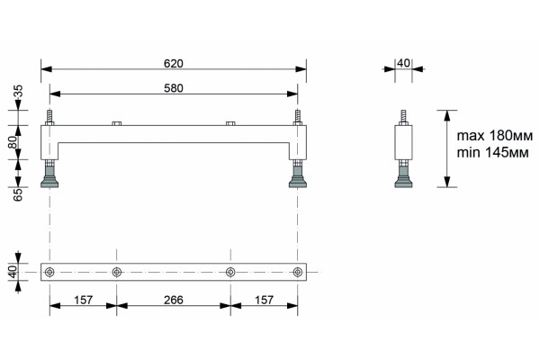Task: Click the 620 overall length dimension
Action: click(x=173, y=64)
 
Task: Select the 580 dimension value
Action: click(x=173, y=88)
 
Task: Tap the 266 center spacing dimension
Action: click(x=173, y=300)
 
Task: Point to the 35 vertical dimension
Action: click(x=18, y=91)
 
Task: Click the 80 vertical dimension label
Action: click(x=13, y=142)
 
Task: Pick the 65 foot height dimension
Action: click(x=18, y=194)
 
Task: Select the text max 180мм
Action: click(x=494, y=136)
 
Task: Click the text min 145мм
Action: click(x=492, y=152)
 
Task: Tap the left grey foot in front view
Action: click(x=49, y=175)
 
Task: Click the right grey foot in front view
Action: click(x=298, y=175)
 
